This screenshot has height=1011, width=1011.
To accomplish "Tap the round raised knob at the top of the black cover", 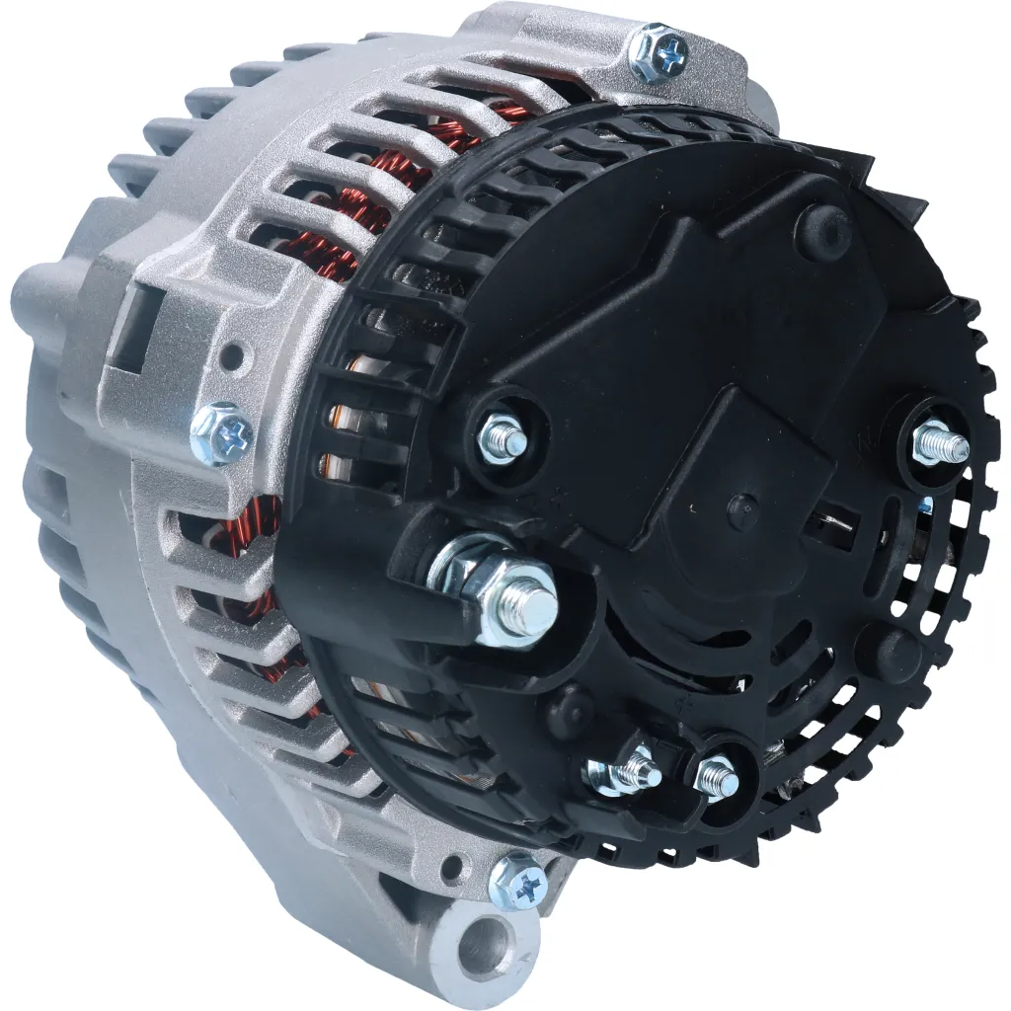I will click(x=823, y=231).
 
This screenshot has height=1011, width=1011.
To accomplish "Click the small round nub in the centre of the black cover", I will click(x=742, y=509).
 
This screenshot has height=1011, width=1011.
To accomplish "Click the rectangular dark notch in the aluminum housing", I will click(x=134, y=328).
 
